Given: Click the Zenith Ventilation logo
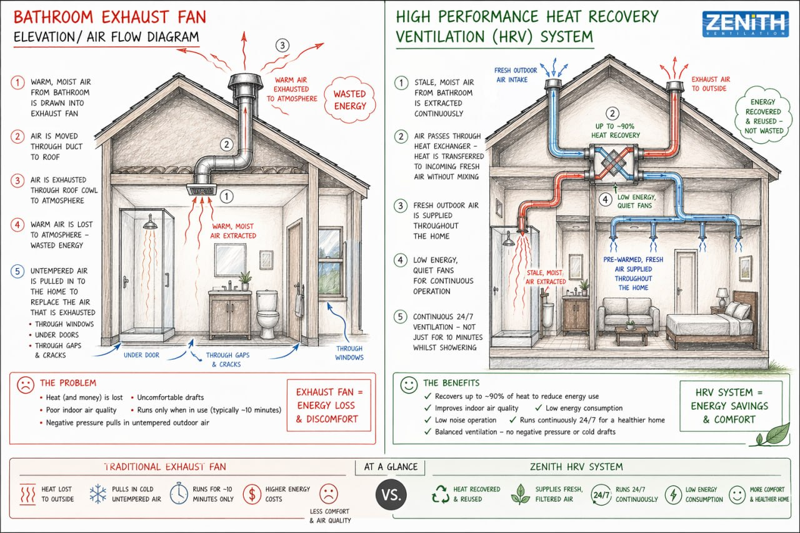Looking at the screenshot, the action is click(x=746, y=24).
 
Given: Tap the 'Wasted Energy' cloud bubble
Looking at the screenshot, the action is click(x=350, y=99).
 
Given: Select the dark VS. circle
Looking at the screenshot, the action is click(x=391, y=495).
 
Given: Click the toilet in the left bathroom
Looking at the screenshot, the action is click(x=267, y=314).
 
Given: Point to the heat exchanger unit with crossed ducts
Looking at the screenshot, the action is click(x=613, y=164).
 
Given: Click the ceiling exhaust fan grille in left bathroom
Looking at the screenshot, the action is click(x=202, y=189).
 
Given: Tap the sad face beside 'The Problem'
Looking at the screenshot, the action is click(x=26, y=385).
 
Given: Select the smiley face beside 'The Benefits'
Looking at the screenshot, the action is click(x=409, y=385).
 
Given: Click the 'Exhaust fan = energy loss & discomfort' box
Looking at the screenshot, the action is click(x=329, y=405).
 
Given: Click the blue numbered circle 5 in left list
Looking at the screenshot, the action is click(x=17, y=271).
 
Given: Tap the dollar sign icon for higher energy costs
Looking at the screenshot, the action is click(x=252, y=494).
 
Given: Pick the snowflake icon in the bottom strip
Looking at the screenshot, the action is click(x=98, y=494).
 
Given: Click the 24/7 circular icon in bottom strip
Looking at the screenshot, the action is click(x=601, y=495).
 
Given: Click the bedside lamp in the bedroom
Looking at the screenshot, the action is click(x=722, y=297).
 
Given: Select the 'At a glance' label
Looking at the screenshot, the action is click(x=391, y=467).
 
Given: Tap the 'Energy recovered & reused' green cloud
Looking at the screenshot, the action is click(x=764, y=116).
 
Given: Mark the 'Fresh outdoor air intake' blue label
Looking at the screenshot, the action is click(x=515, y=75).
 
